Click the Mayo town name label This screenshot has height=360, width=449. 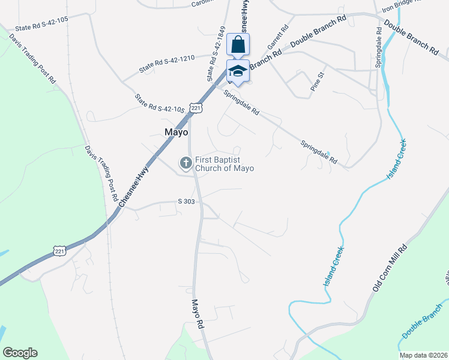176,132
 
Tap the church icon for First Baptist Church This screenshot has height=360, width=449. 186,163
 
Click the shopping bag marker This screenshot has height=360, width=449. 238,45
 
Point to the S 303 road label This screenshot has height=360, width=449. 186,202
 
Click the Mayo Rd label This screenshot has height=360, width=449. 199,313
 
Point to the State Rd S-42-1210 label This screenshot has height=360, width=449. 167,65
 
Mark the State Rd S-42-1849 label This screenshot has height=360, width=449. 217,54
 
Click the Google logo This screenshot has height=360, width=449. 20,353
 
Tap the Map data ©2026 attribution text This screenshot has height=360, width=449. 423,355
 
